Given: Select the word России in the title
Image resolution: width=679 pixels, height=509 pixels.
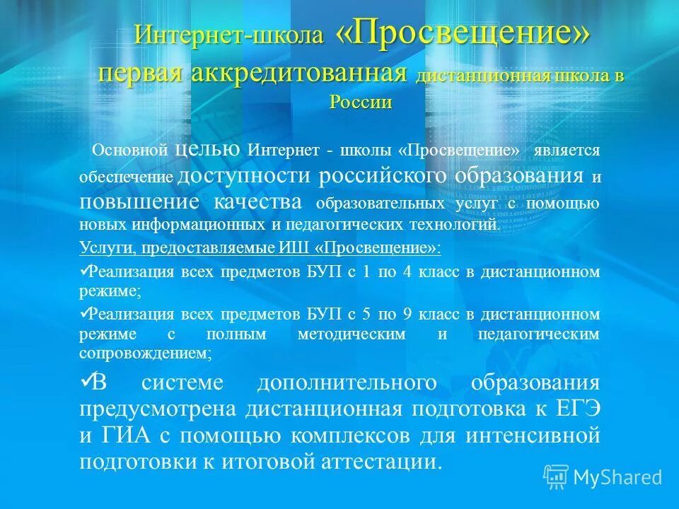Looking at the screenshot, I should pos(361,101).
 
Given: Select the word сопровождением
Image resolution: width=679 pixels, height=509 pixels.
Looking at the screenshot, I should pos(145,353).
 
